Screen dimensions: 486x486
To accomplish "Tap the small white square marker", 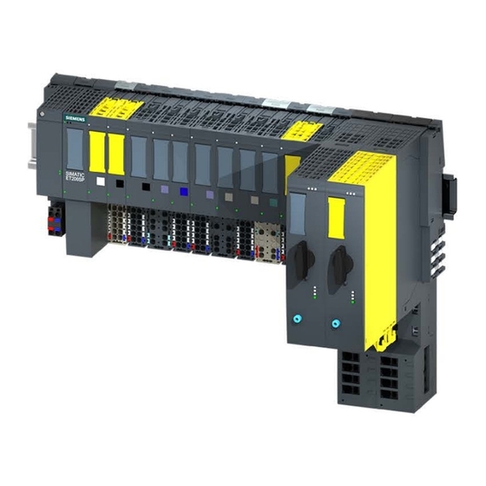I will click(102, 182).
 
